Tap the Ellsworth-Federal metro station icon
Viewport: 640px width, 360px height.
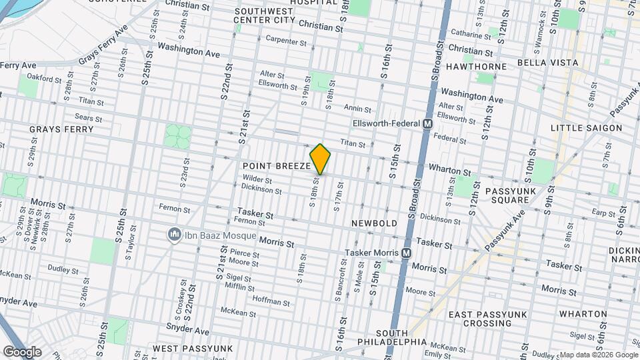(428, 124)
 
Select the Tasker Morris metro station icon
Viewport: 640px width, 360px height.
(405, 253)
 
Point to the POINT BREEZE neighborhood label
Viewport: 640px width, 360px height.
(276, 165)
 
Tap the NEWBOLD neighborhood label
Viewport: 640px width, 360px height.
(375, 223)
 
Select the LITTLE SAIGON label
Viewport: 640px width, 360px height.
(586, 128)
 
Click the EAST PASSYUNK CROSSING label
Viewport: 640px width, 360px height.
(489, 319)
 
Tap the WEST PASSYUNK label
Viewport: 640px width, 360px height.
(192, 349)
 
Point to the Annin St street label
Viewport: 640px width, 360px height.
(357, 108)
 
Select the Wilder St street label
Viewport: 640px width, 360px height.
(257, 180)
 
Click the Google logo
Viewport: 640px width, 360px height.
(22, 351)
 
